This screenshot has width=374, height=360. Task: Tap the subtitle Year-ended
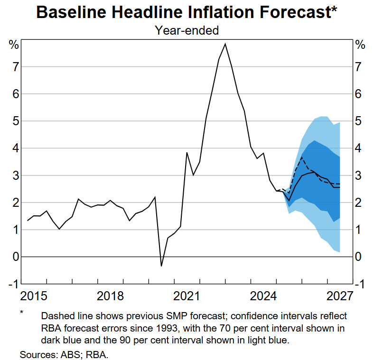(187, 30)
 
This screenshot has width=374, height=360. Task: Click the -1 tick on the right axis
(359, 284)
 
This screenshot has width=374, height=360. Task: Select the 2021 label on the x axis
(187, 296)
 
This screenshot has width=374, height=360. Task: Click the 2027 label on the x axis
(339, 296)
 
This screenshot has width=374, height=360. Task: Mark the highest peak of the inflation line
(225, 44)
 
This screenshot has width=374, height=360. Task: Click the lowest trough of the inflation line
(161, 266)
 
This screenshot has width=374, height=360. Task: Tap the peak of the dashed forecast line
(302, 157)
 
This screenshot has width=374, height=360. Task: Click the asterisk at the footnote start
(21, 313)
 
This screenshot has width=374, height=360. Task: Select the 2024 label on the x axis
(263, 296)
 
